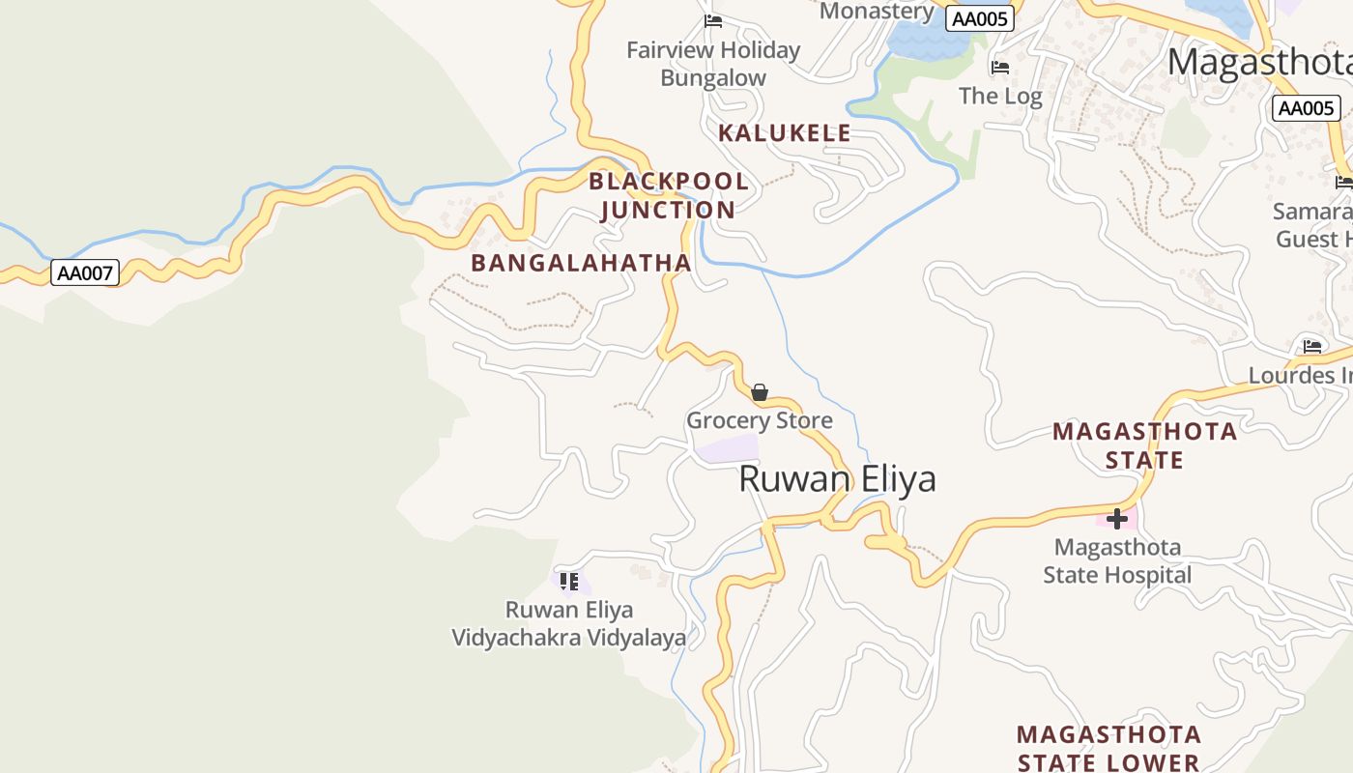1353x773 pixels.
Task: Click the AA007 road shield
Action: (85, 273)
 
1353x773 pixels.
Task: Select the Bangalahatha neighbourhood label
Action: (581, 263)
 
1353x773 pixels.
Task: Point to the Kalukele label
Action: (785, 133)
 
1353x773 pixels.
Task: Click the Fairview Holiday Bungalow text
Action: (713, 64)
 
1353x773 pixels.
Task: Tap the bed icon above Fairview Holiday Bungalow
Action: (713, 21)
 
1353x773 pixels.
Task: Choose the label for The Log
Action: (1000, 96)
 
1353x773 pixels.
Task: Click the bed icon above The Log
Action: (1000, 68)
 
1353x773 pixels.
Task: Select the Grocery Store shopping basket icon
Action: (760, 392)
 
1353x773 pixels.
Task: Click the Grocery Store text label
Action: (760, 420)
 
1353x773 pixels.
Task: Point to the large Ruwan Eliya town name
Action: (837, 479)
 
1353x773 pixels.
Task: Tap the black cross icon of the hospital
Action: (1117, 519)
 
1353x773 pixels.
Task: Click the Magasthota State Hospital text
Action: (1117, 561)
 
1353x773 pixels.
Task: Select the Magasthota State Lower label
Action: (1108, 749)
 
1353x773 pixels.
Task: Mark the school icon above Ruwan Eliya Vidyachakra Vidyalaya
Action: (569, 582)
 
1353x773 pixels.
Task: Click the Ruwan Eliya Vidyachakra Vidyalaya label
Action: (569, 624)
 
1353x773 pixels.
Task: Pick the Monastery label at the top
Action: (877, 12)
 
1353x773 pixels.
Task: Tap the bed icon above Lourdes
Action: (1312, 346)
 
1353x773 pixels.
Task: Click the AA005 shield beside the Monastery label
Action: (980, 19)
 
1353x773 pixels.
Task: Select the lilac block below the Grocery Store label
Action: (729, 448)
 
